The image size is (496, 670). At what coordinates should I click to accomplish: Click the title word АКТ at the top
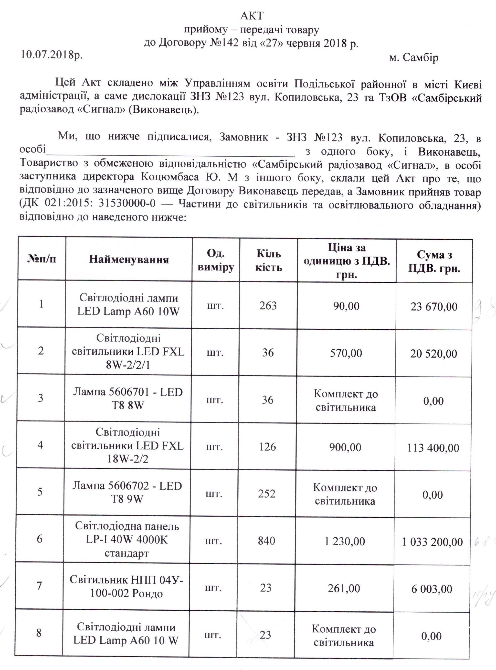click(252, 16)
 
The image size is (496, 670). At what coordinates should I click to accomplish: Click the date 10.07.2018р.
click(51, 55)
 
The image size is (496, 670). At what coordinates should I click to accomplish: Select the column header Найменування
click(129, 259)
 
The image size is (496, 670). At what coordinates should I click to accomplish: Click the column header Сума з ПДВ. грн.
click(434, 261)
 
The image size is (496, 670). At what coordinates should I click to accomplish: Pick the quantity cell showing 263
click(268, 305)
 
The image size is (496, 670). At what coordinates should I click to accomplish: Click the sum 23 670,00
click(433, 306)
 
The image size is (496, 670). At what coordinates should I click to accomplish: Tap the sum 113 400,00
click(433, 448)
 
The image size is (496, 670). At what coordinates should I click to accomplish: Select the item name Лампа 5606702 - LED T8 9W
click(127, 492)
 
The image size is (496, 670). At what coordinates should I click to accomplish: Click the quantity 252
click(267, 494)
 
